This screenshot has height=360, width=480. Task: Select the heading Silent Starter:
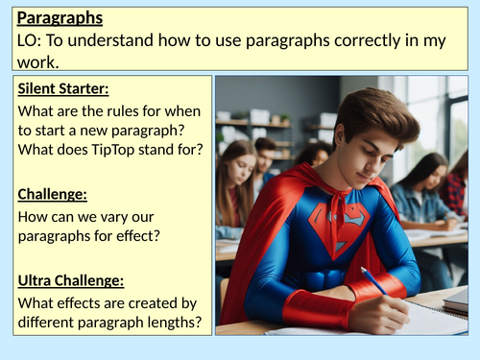click(x=62, y=89)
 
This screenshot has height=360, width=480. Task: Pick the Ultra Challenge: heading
click(x=71, y=281)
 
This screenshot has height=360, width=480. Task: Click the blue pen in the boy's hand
click(x=375, y=281)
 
